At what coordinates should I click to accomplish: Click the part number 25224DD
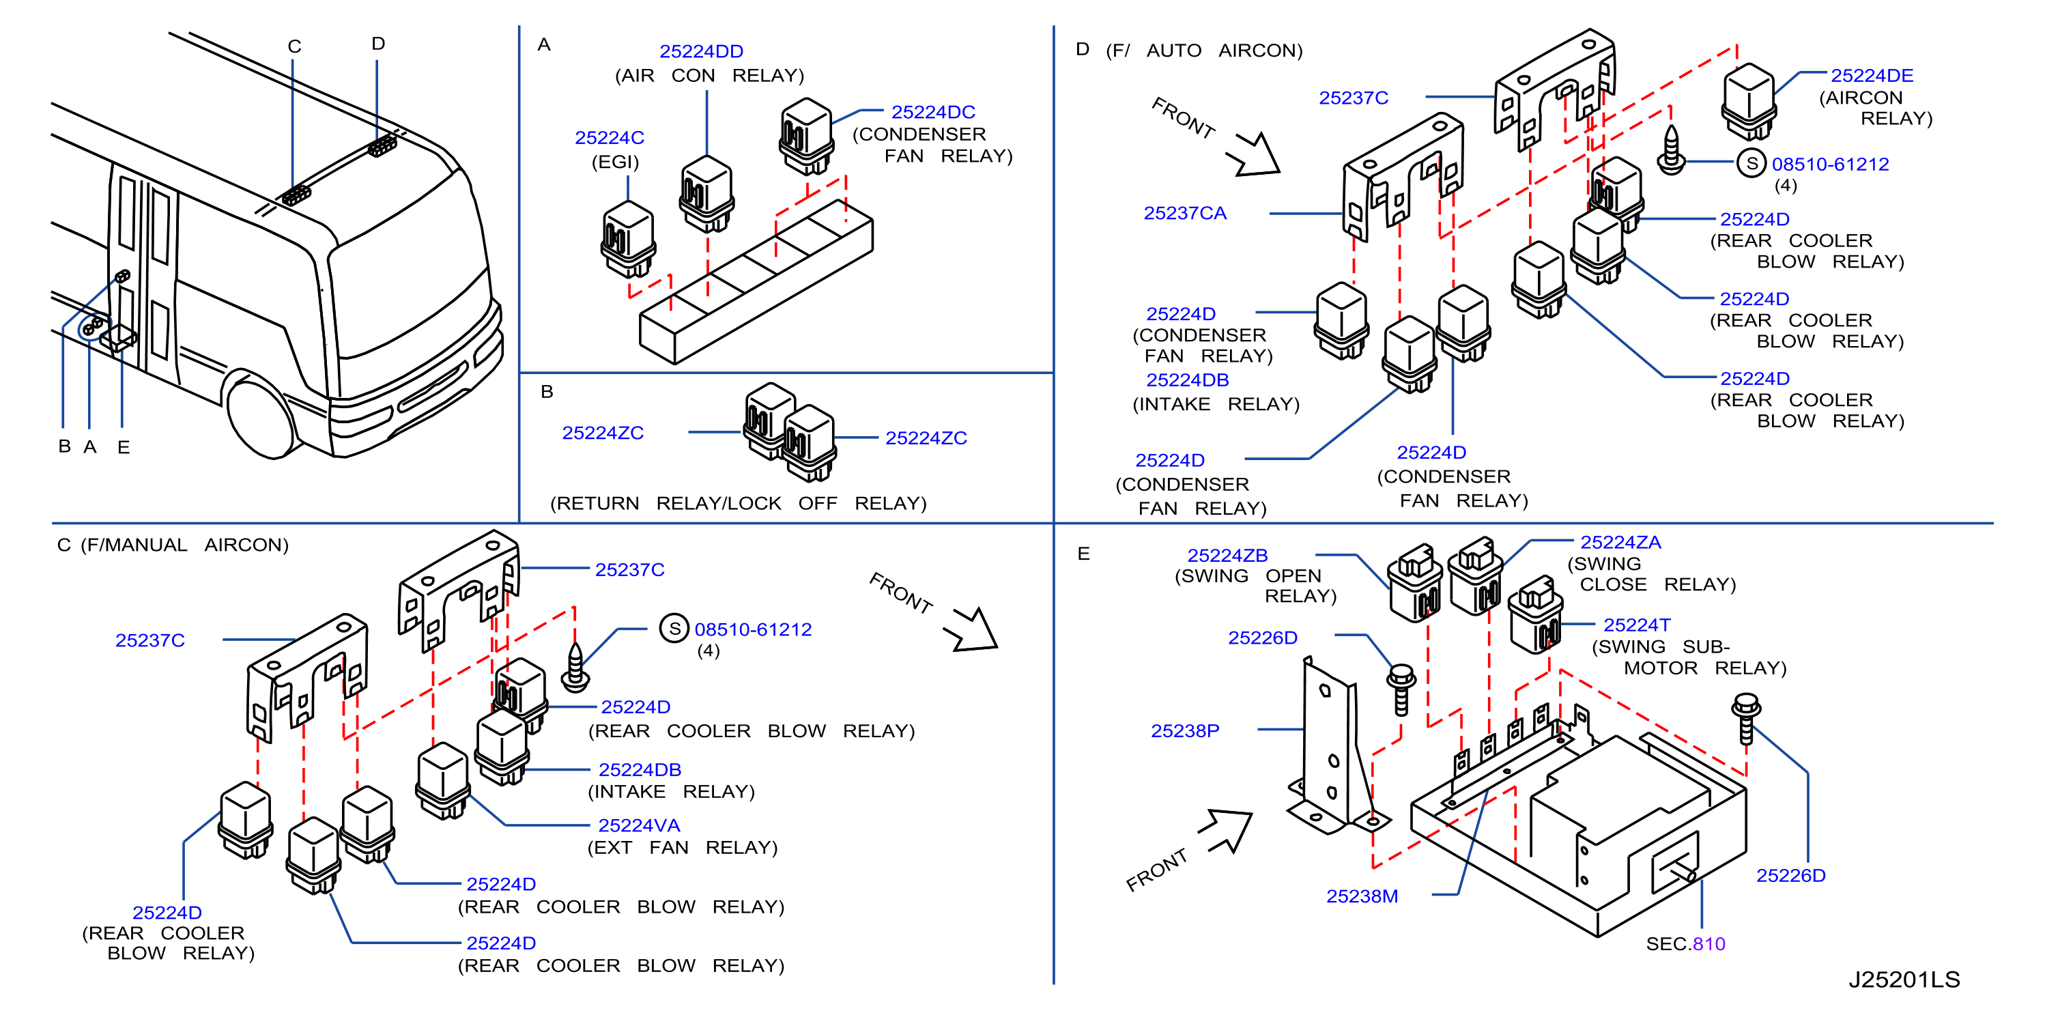(701, 52)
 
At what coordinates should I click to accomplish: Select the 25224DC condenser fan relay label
(933, 112)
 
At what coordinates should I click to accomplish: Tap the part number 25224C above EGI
(609, 138)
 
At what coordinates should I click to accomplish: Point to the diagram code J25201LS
(1904, 980)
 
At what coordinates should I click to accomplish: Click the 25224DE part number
(1871, 75)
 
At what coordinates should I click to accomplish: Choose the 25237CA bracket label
(1184, 214)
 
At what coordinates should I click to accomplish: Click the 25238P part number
(1184, 731)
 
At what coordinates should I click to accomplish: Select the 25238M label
(1362, 896)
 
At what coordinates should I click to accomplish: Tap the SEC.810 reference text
(1685, 944)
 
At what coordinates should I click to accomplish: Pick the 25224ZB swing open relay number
(1227, 556)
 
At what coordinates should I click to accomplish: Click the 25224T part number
(1636, 625)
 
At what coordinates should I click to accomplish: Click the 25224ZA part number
(1620, 542)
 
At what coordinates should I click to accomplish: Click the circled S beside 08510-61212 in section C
(674, 629)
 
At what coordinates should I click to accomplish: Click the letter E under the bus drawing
(123, 448)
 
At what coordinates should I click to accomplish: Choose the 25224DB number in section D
(1187, 380)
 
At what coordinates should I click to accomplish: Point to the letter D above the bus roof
(378, 44)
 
